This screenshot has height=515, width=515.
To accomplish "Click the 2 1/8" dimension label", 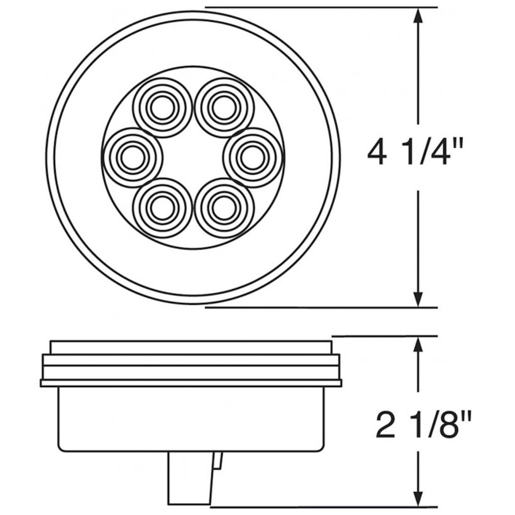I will tap(422, 424).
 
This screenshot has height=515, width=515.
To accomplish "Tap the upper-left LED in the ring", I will tap(162, 107).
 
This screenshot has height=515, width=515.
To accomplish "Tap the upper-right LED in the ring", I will tap(224, 107).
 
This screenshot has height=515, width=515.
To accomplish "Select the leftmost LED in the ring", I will tap(132, 157).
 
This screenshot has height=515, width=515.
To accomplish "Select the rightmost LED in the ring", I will tap(252, 157).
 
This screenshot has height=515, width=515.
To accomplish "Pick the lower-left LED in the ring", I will tap(162, 208).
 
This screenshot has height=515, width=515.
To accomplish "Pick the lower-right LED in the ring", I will tap(224, 208).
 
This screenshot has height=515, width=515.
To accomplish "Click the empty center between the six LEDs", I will tap(193, 157).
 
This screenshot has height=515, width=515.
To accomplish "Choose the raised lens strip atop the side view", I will tap(191, 348).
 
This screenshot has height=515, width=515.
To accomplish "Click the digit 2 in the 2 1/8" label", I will tap(385, 424).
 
